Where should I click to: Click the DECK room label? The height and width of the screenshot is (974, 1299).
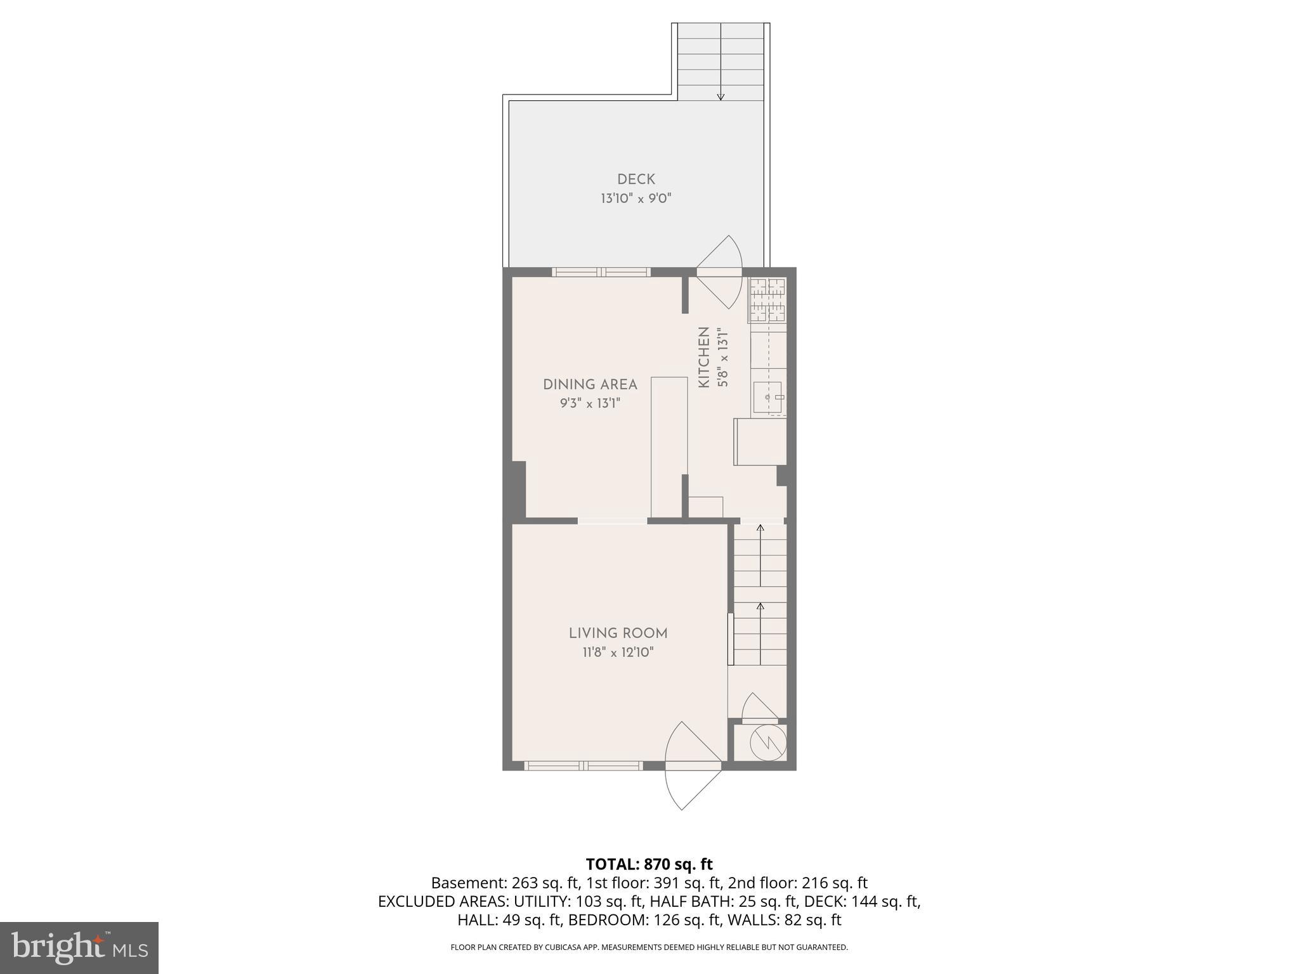click(x=636, y=179)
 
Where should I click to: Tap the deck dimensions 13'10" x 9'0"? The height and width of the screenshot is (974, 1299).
click(x=636, y=198)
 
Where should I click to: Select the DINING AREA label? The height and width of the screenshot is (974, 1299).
click(x=590, y=384)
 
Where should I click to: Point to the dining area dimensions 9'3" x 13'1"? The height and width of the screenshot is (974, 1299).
click(x=590, y=403)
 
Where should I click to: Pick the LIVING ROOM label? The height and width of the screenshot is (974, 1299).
click(x=618, y=633)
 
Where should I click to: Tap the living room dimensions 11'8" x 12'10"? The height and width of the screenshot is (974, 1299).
click(x=618, y=652)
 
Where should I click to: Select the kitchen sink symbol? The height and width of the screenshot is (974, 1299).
click(x=769, y=398)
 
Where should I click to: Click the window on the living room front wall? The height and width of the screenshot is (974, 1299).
click(x=584, y=766)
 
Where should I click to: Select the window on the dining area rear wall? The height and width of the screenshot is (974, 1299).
click(x=601, y=272)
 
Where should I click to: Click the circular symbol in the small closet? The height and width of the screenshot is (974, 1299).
click(x=767, y=742)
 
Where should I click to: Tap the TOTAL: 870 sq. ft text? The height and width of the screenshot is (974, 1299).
click(x=649, y=864)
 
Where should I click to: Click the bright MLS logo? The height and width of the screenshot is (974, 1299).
click(x=79, y=947)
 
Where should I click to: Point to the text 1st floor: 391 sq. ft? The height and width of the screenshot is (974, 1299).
click(x=653, y=883)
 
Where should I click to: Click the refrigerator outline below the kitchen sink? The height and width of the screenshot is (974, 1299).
click(x=760, y=441)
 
